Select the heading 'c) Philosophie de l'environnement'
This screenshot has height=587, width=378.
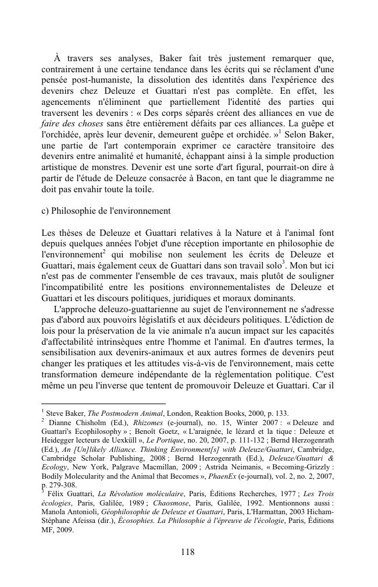tap(106, 210)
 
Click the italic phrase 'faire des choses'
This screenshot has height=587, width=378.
tap(72, 124)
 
